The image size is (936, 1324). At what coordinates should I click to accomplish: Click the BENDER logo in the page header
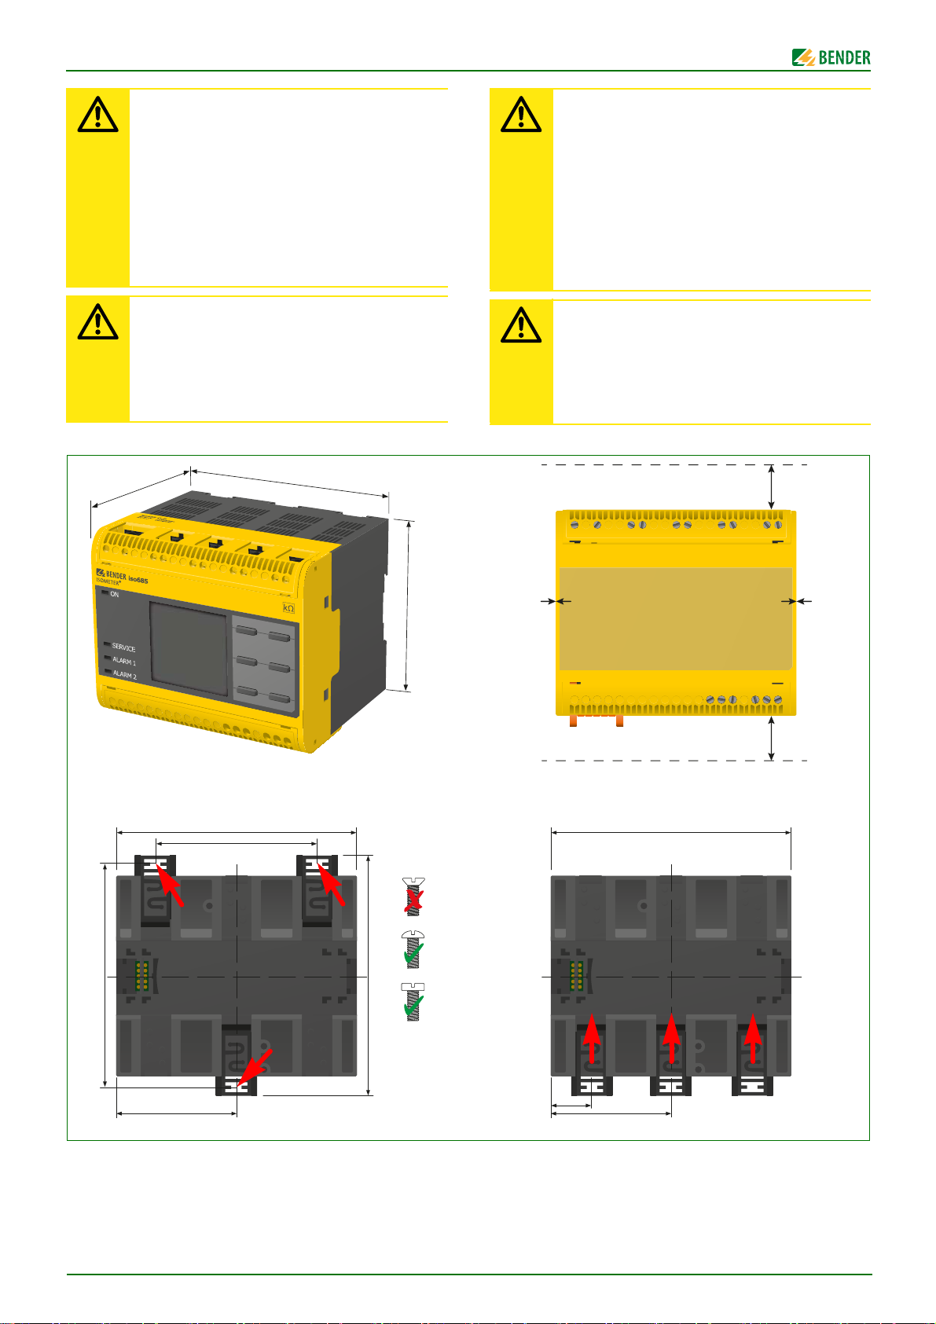(831, 57)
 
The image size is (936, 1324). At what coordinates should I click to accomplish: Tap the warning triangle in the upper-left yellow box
(97, 116)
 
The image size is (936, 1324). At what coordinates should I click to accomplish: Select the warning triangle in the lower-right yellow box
(520, 325)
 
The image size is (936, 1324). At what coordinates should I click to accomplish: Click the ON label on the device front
(114, 594)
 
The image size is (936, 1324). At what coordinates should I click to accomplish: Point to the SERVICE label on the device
(123, 648)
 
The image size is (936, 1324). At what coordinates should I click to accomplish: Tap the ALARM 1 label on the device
(124, 662)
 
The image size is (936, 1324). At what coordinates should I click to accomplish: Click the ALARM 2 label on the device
(124, 675)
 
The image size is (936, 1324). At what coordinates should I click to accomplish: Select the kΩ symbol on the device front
(288, 608)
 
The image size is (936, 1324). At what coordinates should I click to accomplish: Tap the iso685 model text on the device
(138, 580)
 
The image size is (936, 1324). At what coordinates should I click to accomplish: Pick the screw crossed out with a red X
(413, 896)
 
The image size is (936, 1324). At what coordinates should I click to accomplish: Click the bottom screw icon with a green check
(413, 1001)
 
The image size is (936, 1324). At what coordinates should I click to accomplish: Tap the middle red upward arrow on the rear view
(670, 1041)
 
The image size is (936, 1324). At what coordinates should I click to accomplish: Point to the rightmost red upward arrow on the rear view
(753, 1041)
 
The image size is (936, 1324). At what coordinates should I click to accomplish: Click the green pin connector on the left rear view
(142, 975)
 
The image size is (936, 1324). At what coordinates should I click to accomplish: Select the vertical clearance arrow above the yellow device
(772, 486)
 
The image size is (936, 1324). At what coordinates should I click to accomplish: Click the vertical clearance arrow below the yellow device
(772, 738)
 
